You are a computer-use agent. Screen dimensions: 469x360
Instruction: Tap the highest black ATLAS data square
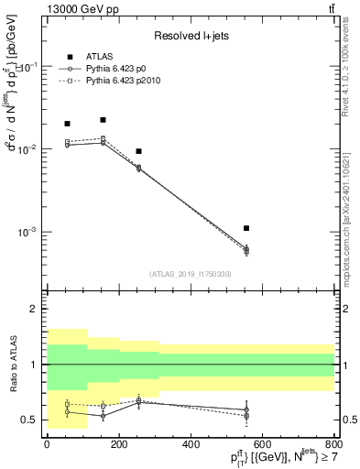click(x=103, y=120)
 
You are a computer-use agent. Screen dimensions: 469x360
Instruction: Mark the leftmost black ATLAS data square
click(x=67, y=124)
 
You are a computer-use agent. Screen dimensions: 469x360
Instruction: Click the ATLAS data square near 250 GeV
click(x=138, y=151)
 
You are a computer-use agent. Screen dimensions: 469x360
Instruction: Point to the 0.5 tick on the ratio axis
click(x=31, y=420)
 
